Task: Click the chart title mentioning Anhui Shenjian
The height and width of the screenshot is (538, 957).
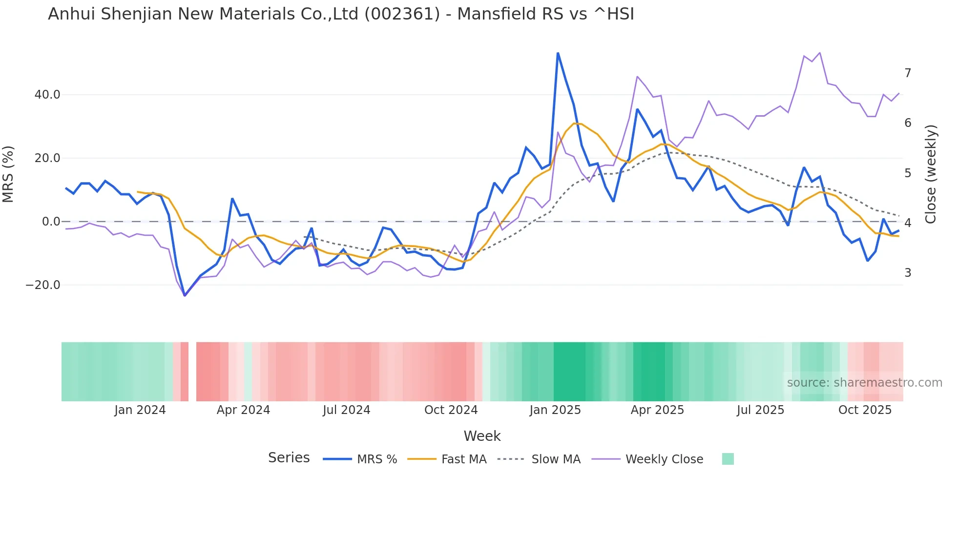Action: click(341, 14)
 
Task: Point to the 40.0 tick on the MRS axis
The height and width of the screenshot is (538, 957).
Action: click(47, 95)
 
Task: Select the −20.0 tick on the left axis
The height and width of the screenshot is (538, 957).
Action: click(43, 285)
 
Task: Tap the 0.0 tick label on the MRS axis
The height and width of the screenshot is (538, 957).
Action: click(51, 222)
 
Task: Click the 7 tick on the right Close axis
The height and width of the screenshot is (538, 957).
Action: click(908, 73)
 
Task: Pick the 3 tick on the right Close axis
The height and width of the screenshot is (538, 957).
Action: click(908, 273)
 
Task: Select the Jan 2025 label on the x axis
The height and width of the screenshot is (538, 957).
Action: click(555, 410)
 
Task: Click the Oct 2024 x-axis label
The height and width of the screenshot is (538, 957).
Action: click(451, 410)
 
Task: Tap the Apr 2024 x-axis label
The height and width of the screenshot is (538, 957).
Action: click(243, 410)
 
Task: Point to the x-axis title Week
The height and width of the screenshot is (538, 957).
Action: click(482, 436)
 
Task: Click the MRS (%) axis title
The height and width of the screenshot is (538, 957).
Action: click(8, 174)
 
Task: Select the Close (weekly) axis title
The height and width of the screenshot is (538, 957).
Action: click(931, 174)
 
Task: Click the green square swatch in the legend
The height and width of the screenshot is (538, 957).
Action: click(728, 459)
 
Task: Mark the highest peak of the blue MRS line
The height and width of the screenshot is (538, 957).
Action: click(558, 53)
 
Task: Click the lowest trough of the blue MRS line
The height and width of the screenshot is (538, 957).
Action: click(185, 295)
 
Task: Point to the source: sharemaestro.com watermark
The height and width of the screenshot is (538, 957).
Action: click(864, 383)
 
